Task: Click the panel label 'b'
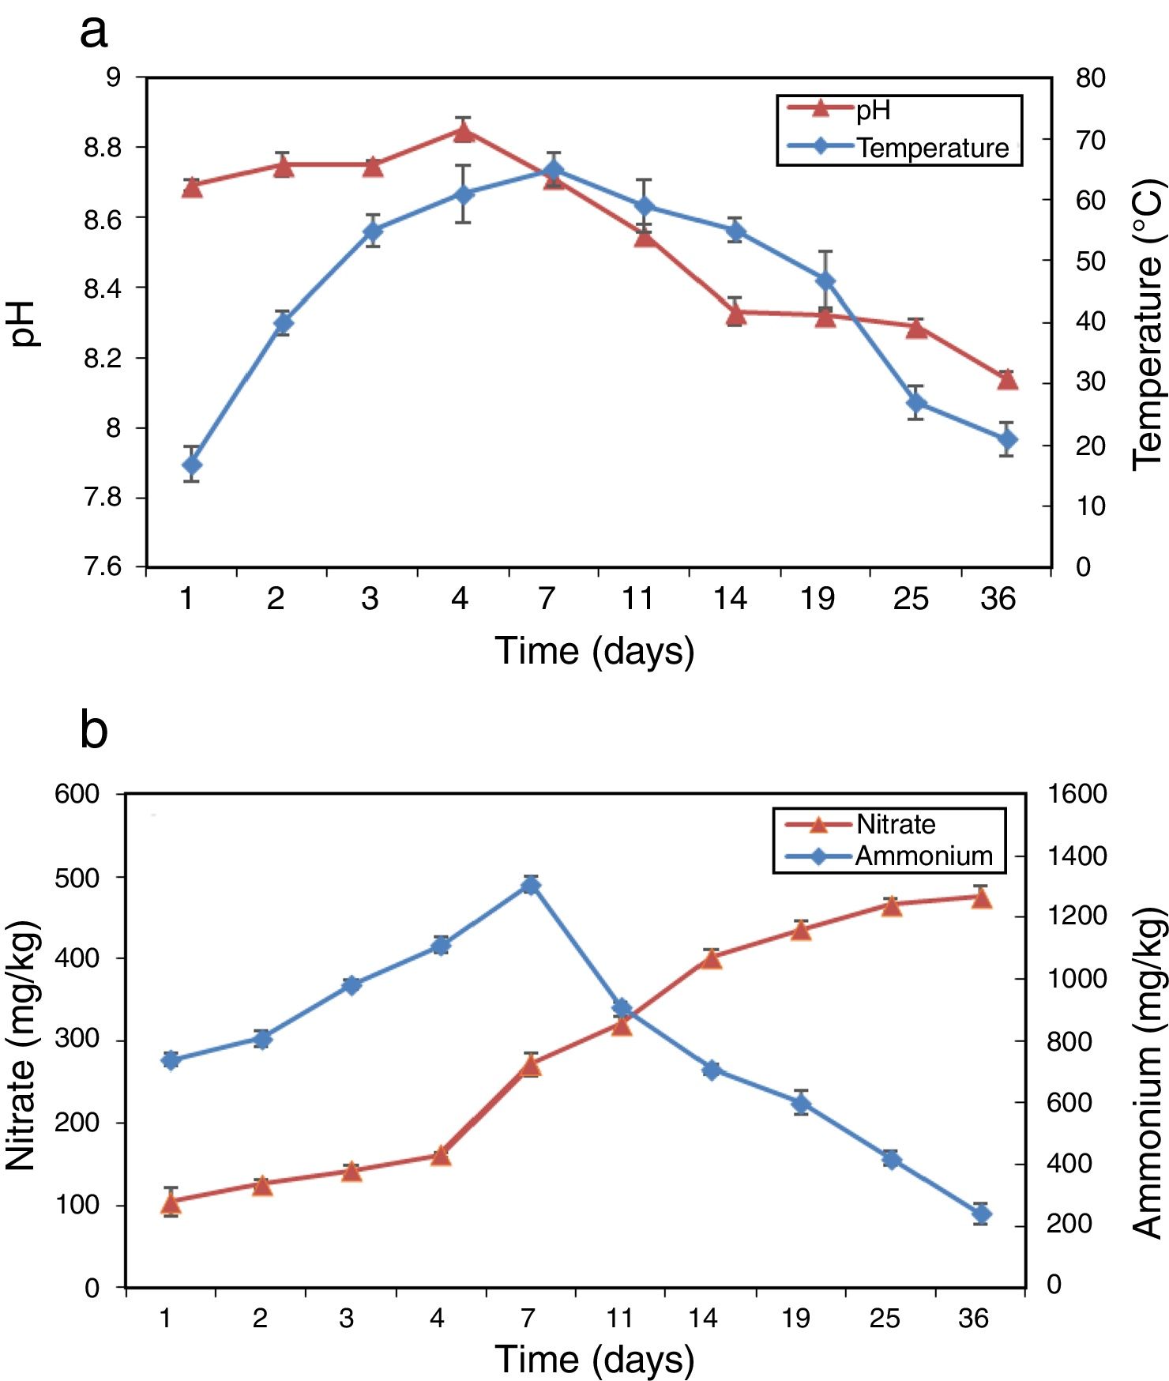(93, 729)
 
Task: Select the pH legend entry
(873, 110)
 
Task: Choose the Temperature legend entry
(932, 148)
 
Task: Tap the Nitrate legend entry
(895, 824)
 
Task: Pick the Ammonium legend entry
(923, 856)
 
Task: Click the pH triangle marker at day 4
(464, 131)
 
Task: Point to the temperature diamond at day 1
(192, 465)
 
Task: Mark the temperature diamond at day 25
(916, 403)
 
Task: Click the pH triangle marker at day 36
(1007, 380)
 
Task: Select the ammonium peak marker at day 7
(531, 885)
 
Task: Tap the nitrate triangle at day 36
(981, 897)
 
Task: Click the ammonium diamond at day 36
(981, 1214)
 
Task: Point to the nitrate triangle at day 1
(170, 1203)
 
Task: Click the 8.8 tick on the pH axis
(103, 148)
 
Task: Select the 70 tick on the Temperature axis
(1091, 140)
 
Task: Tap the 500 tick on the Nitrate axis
(77, 878)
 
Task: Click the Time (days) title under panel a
(594, 652)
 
